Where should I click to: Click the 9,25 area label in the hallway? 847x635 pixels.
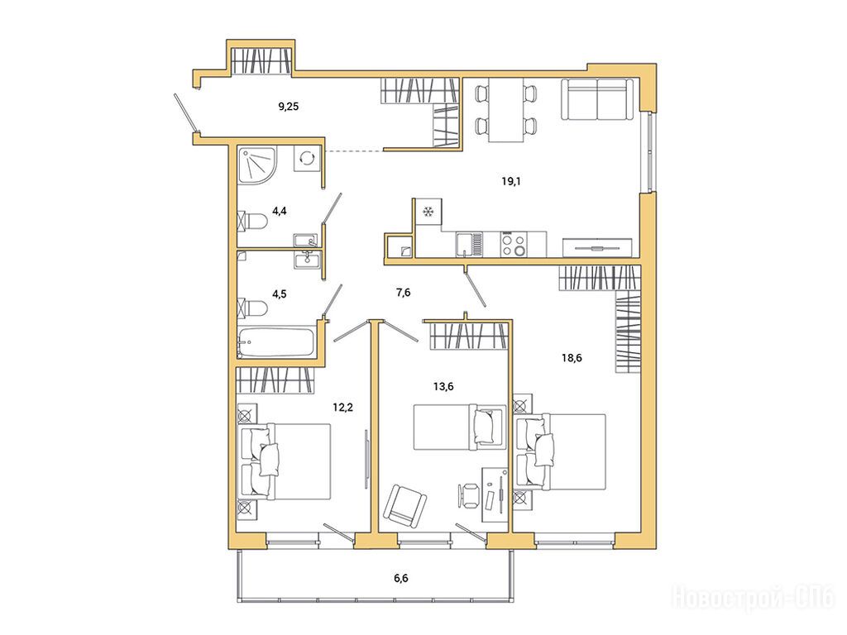[289, 107]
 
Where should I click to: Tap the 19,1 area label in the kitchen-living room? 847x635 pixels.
[511, 181]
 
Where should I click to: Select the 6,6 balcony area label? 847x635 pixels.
[401, 578]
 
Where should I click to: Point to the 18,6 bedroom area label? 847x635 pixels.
[572, 357]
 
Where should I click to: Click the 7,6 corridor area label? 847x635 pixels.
[404, 293]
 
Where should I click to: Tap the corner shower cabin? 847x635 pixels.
[258, 165]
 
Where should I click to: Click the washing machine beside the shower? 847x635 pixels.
[307, 158]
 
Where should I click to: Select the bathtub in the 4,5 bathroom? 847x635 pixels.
[276, 341]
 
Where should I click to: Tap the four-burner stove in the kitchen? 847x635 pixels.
[513, 244]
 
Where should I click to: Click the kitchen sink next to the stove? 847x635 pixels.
[469, 244]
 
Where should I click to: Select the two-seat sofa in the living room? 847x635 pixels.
[597, 99]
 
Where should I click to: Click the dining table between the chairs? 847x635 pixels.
[506, 110]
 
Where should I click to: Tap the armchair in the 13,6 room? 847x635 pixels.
[405, 505]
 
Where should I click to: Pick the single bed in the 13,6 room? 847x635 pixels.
[459, 427]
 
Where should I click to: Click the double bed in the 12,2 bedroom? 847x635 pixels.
[285, 461]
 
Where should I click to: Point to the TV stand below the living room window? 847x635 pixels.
[597, 247]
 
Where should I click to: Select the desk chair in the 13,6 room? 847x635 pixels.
[469, 495]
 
